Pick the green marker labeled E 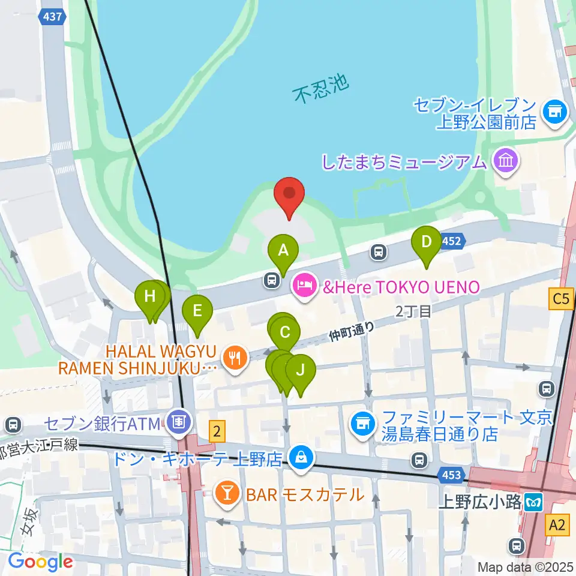click(197, 312)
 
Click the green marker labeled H click(149, 297)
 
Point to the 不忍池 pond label click(321, 89)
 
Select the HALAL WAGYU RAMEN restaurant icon click(233, 358)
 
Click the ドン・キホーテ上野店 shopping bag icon click(299, 459)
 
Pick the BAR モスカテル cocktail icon click(227, 494)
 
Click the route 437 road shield click(52, 17)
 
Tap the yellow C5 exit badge click(560, 298)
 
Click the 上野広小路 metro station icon click(532, 503)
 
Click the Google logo click(40, 562)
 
